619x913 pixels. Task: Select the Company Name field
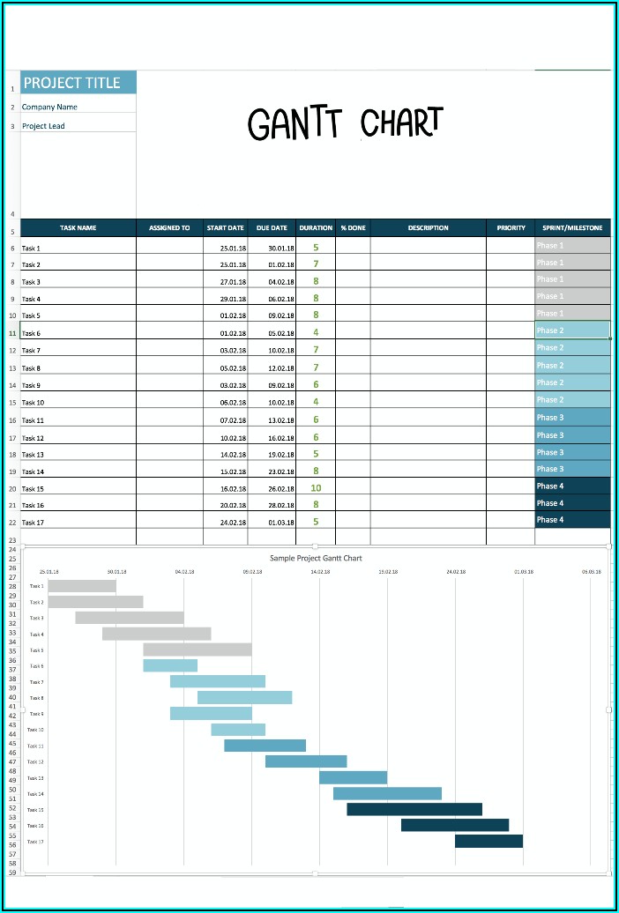point(49,107)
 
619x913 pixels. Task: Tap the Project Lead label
point(43,126)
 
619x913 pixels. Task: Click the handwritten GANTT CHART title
point(345,124)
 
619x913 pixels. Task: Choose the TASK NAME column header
point(78,228)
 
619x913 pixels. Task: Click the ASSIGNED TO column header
point(169,228)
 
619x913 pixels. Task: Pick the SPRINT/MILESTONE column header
point(572,228)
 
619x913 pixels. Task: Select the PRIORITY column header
point(511,228)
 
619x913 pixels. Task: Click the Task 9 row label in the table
point(32,385)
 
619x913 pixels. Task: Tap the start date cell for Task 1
point(233,249)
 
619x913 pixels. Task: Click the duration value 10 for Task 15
point(316,487)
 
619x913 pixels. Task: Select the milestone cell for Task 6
point(572,330)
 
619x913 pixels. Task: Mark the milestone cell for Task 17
point(572,520)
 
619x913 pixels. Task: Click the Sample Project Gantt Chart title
point(316,558)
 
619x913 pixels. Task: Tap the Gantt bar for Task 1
point(82,586)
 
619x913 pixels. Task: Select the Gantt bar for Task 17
point(488,842)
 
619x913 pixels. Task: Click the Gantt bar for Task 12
point(306,761)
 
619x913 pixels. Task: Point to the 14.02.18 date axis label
point(320,572)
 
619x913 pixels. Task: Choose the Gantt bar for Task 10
point(238,730)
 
